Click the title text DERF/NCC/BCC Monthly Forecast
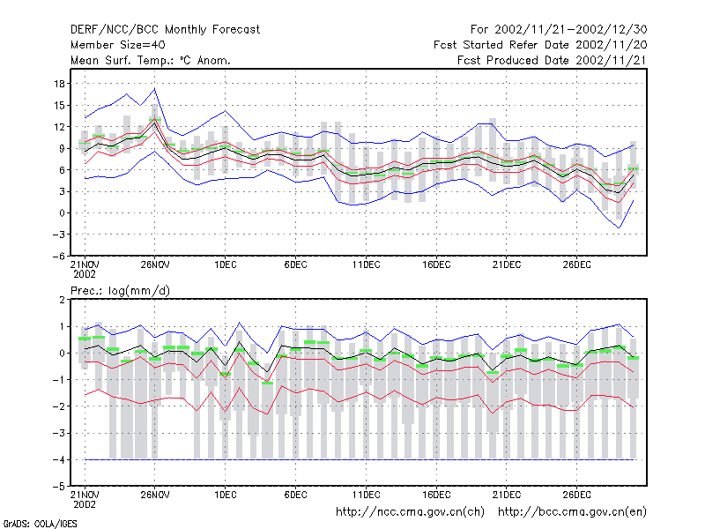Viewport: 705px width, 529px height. coord(165,30)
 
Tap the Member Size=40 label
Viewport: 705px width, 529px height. coord(118,45)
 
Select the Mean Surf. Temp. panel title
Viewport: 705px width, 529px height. coord(151,60)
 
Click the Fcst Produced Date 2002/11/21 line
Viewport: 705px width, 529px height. coord(553,60)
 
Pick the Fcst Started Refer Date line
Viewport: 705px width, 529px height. coord(540,45)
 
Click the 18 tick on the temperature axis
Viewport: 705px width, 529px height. coord(59,84)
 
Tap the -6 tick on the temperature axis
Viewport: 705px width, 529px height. coord(58,256)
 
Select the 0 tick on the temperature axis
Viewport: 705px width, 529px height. coord(62,213)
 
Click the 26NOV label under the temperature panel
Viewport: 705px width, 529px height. coord(155,265)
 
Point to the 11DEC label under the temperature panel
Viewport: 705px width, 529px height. coord(366,265)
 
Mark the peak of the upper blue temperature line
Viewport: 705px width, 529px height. coord(155,89)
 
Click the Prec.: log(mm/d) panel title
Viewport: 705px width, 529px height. coord(120,291)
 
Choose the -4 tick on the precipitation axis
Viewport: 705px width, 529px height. coord(58,459)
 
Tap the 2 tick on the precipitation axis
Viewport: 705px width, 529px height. coord(62,300)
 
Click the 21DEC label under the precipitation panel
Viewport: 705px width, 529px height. coord(506,495)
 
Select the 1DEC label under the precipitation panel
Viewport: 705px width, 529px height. coord(226,495)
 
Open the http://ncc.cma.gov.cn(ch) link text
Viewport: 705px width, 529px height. coord(410,512)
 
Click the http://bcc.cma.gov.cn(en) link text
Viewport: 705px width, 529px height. coord(572,512)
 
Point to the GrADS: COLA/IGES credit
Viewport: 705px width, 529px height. coord(41,524)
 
